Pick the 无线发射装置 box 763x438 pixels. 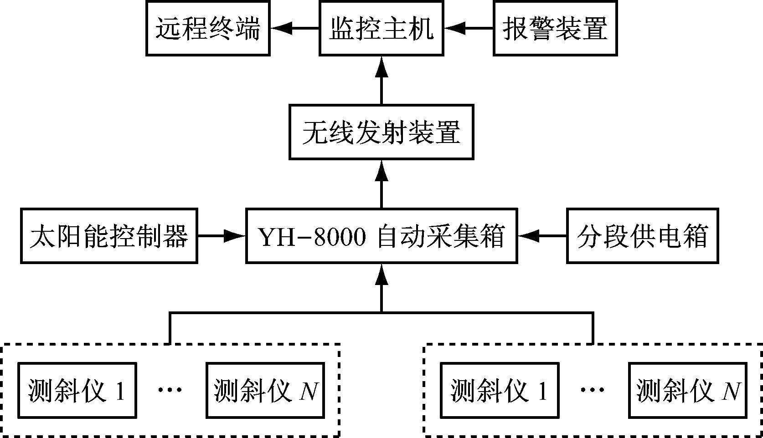[x=381, y=132]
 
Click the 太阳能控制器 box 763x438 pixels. [x=109, y=236]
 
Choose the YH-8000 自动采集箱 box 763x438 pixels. [x=381, y=236]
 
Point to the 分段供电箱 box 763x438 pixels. [x=642, y=236]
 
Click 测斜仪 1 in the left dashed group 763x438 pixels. [x=77, y=390]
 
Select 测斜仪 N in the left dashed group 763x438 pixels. [x=265, y=390]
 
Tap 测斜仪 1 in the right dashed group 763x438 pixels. [x=500, y=390]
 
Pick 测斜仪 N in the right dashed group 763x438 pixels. [x=688, y=390]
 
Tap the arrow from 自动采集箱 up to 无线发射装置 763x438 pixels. [x=381, y=184]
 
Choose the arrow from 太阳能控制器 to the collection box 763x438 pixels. [x=222, y=236]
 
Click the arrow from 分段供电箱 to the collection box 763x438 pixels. [x=542, y=236]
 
